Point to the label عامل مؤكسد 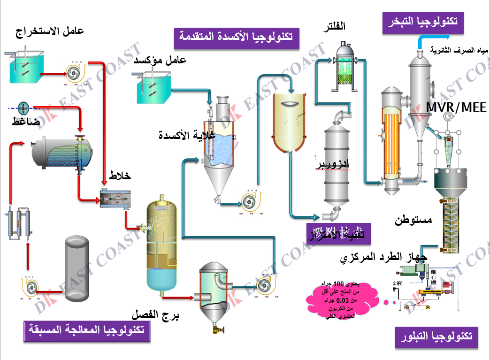click(x=160, y=60)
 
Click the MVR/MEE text click(x=456, y=107)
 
